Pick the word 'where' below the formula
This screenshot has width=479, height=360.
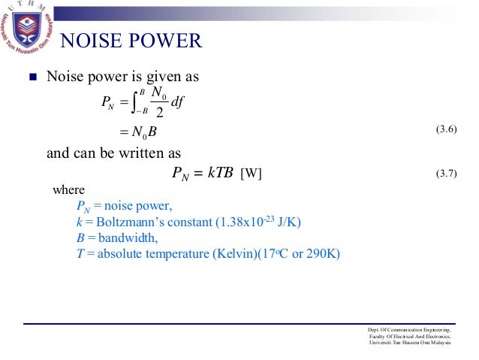click(68, 190)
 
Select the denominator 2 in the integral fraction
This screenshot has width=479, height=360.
click(158, 113)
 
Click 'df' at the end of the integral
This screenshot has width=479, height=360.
click(179, 102)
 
